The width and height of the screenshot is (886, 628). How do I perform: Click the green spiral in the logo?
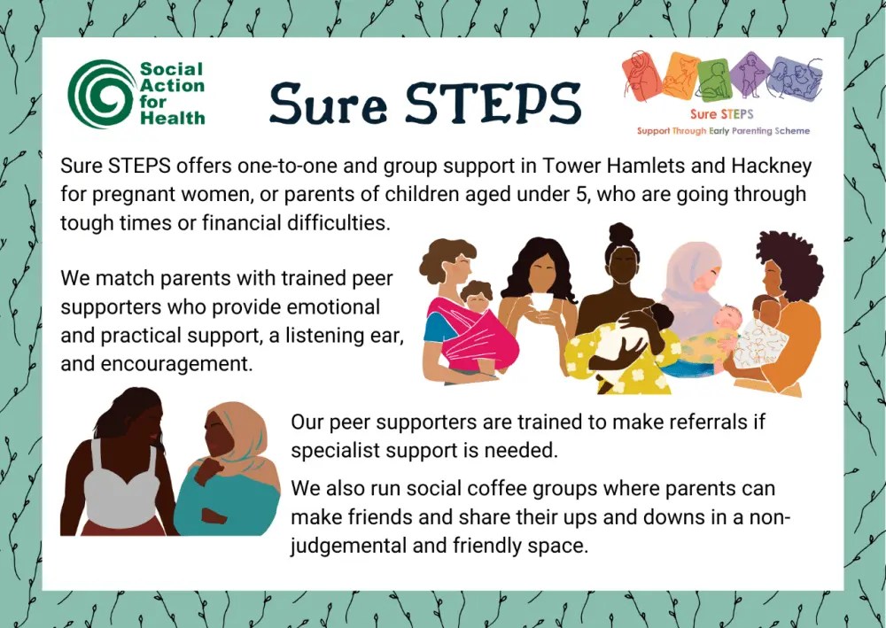pos(99,92)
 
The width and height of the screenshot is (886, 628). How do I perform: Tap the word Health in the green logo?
pos(172,117)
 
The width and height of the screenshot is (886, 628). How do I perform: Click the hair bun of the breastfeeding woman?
pos(620,233)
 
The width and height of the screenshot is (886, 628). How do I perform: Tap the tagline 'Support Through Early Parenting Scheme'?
pos(723,131)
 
